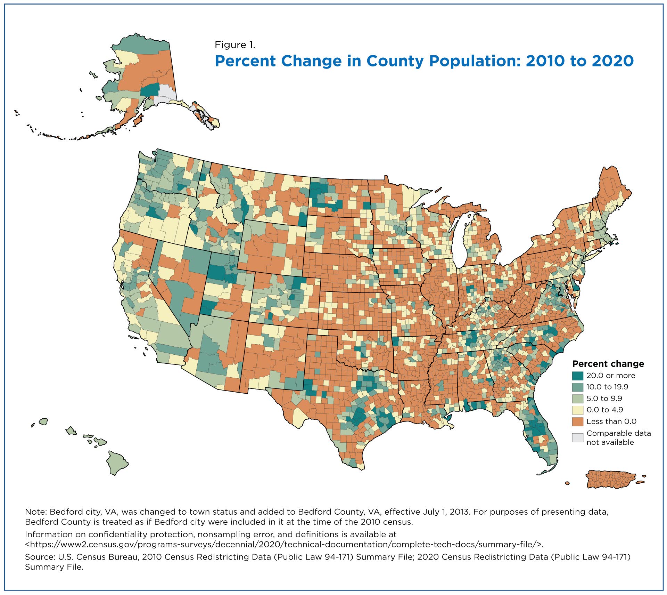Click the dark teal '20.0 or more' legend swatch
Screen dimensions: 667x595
pos(578,376)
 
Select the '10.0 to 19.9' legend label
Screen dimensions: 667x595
pos(607,387)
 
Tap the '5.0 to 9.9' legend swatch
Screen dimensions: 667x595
pos(578,398)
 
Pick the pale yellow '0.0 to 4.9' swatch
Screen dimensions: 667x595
pos(578,410)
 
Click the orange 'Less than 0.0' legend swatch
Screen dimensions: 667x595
pos(578,421)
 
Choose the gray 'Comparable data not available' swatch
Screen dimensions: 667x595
pos(578,438)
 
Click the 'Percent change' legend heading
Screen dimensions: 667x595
pos(608,364)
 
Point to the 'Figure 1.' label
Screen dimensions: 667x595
pos(235,45)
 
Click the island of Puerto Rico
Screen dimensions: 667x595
pos(611,480)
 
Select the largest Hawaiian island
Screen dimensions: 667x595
pos(117,463)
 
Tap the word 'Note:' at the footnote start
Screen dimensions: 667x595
pos(36,512)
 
